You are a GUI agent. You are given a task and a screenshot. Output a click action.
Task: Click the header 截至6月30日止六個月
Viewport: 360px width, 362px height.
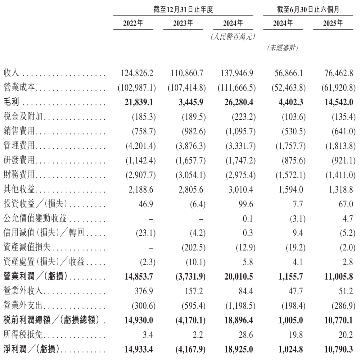(307, 10)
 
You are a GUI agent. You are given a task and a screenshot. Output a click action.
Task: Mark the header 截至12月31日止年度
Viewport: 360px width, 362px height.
(183, 10)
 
